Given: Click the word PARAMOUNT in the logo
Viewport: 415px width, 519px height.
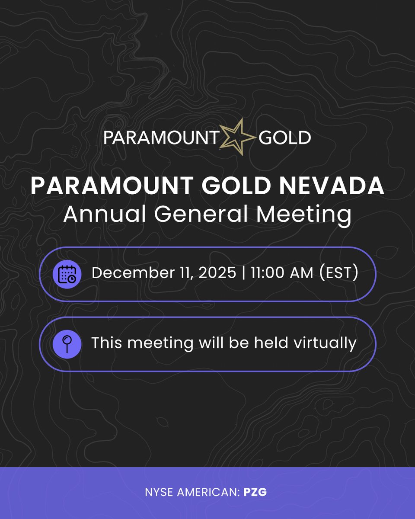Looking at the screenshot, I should pyautogui.click(x=160, y=138).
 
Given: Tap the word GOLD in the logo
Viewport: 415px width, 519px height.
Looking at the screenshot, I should pyautogui.click(x=285, y=138).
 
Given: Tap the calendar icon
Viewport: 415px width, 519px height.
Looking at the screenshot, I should pyautogui.click(x=67, y=274).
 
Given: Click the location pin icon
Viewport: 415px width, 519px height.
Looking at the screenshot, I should pyautogui.click(x=67, y=344).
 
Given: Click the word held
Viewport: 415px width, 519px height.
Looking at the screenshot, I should pyautogui.click(x=269, y=343).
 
